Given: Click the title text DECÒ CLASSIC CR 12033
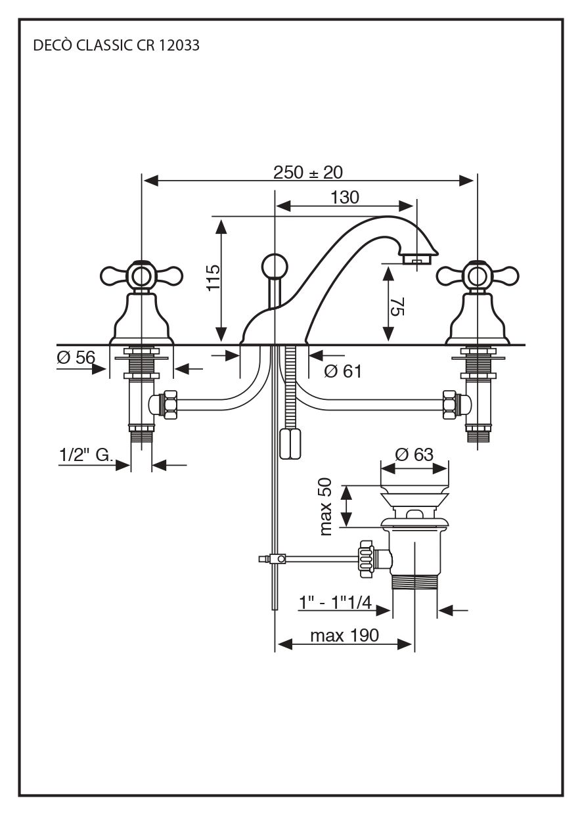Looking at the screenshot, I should (x=116, y=46).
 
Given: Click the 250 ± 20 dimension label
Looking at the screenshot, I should (x=308, y=172).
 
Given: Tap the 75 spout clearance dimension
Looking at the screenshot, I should (x=397, y=305).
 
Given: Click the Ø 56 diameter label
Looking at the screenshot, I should (x=76, y=357).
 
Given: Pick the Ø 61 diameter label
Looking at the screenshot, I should (x=343, y=372).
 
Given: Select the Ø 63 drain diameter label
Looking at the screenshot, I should (x=414, y=454).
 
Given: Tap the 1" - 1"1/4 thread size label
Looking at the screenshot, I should (x=335, y=602).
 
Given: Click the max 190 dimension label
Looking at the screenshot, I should (x=344, y=635).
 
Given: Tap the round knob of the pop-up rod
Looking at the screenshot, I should (x=274, y=267).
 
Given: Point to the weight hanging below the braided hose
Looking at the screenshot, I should (x=289, y=445).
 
